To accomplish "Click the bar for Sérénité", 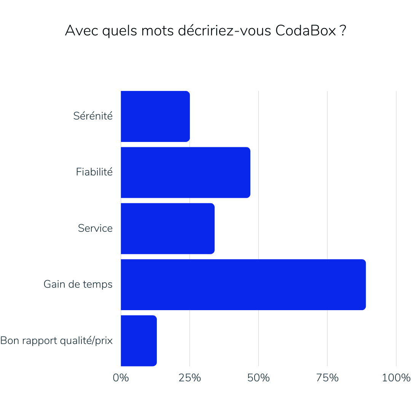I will tap(155, 116).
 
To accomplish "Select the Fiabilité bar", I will tap(185, 172).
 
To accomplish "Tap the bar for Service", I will tap(167, 228).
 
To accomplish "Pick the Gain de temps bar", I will tap(243, 285).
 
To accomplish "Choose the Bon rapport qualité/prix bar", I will tap(139, 341).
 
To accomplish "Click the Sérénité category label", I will tap(93, 116).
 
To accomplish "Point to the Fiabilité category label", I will tap(94, 172).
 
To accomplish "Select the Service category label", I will tap(95, 228).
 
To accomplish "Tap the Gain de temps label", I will tap(78, 284).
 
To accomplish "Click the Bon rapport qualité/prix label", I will tap(57, 341).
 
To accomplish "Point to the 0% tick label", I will tap(121, 378).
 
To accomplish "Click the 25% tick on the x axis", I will tap(190, 378).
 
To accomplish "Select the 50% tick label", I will tap(258, 378).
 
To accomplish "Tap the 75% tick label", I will tap(327, 378).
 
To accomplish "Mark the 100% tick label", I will tap(396, 378).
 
